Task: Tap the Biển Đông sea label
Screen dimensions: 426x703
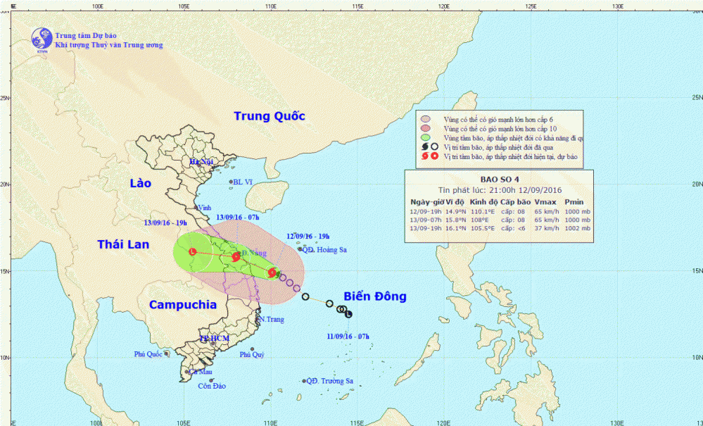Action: pyautogui.click(x=374, y=296)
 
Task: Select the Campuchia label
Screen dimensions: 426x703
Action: pyautogui.click(x=183, y=305)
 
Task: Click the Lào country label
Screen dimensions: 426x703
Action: pyautogui.click(x=141, y=183)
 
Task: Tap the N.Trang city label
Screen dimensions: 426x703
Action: pyautogui.click(x=271, y=320)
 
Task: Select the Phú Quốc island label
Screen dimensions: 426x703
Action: pyautogui.click(x=148, y=354)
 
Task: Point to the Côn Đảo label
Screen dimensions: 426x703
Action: pyautogui.click(x=212, y=386)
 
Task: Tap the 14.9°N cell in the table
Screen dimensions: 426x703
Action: pyautogui.click(x=452, y=211)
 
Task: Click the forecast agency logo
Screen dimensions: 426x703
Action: pyautogui.click(x=42, y=39)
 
